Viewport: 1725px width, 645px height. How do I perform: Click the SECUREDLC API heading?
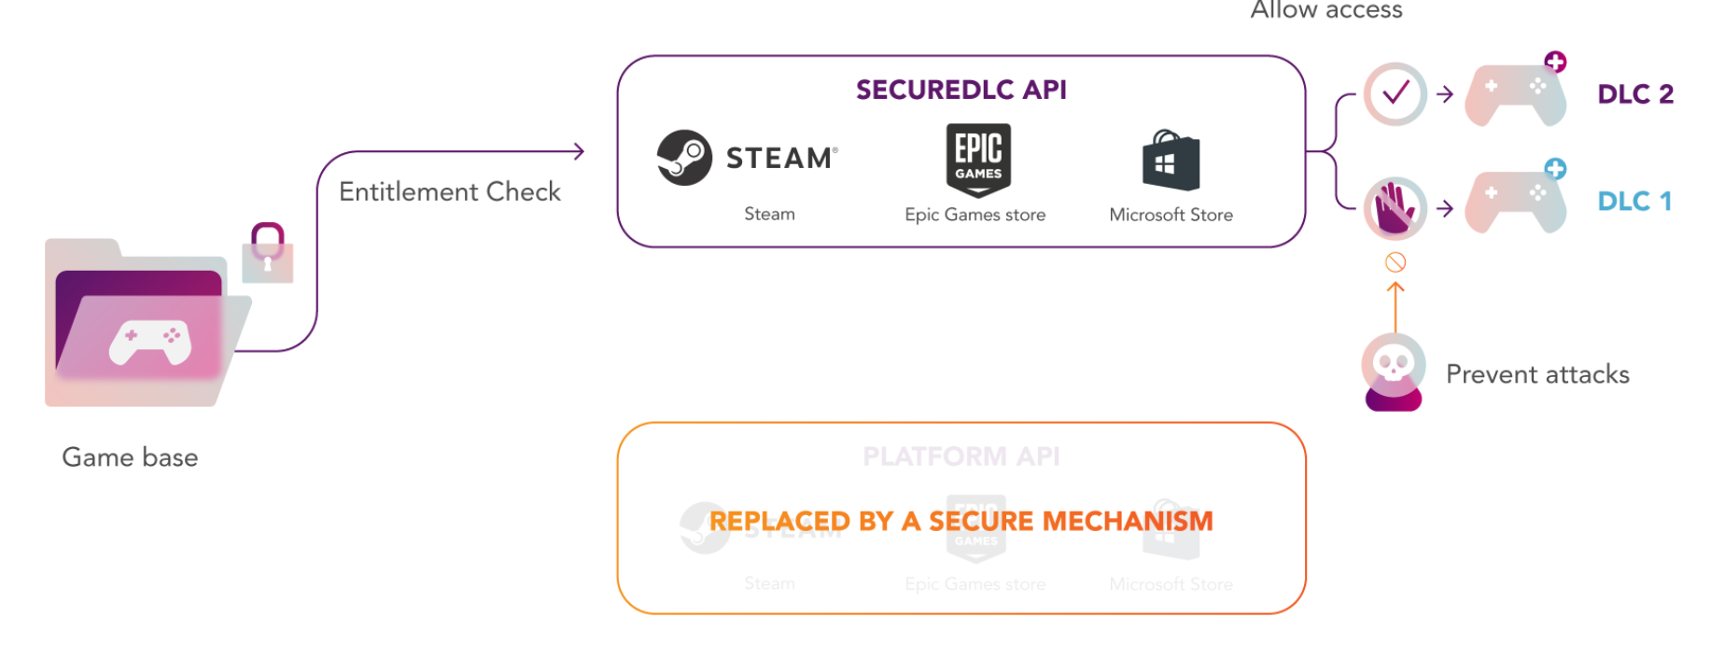[961, 90]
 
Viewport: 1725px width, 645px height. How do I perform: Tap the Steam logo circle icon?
[684, 158]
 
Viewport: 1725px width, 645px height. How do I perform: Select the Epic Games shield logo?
[977, 160]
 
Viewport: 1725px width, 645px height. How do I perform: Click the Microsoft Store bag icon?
[1171, 161]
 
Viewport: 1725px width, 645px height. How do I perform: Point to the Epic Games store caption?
[975, 215]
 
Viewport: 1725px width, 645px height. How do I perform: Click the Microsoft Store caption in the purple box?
[1171, 215]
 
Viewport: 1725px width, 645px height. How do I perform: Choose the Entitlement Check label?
[449, 191]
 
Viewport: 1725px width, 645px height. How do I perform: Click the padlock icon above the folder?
[268, 253]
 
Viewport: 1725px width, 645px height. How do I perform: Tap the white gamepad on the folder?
[150, 342]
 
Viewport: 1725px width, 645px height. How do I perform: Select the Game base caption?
[130, 457]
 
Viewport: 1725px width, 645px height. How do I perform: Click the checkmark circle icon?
[1395, 93]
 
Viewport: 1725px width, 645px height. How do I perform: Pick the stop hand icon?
[1395, 208]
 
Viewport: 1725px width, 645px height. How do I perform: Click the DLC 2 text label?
[1635, 94]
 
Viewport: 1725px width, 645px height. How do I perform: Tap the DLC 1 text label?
[1634, 202]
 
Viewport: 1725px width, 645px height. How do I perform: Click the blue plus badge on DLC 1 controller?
[1555, 169]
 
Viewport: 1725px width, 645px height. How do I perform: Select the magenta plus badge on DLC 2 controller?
[1555, 63]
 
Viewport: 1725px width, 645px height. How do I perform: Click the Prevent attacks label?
[1537, 374]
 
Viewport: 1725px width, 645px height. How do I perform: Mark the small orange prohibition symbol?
[1395, 262]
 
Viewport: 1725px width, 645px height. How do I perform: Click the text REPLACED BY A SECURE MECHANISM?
[961, 521]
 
